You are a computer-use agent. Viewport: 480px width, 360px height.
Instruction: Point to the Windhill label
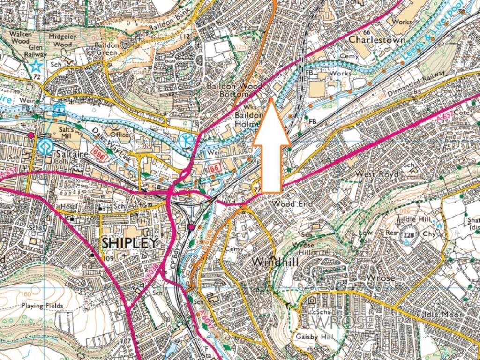(275, 262)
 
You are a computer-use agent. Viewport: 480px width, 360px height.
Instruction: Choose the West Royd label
(377, 174)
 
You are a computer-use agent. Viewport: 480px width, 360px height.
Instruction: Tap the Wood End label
(291, 204)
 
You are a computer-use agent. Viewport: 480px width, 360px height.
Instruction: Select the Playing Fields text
(42, 306)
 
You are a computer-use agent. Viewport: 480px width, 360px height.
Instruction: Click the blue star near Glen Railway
(36, 66)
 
